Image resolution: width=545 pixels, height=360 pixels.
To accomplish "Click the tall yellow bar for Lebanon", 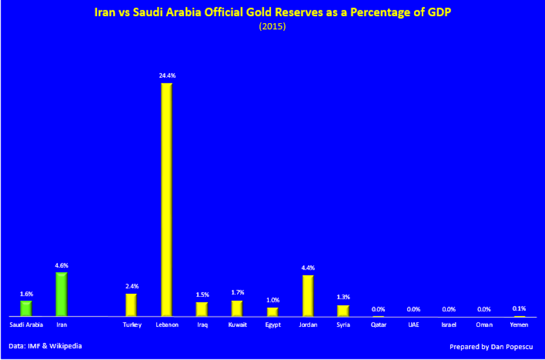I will (166, 199).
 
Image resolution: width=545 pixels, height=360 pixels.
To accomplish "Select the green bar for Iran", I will (61, 294).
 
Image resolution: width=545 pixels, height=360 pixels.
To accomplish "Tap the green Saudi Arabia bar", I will (26, 308).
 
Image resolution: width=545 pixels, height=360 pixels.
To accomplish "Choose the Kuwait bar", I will (237, 308).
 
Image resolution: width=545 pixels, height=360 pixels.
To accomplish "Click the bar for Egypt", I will (272, 312).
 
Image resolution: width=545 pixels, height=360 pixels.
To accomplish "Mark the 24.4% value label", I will (167, 75).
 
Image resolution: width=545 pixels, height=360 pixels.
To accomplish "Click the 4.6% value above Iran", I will (61, 265).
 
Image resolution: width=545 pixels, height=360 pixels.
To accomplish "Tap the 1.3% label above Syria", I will (343, 297).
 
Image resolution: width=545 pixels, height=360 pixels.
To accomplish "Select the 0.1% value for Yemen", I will (519, 308).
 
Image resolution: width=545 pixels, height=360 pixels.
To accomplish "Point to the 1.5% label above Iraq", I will (202, 294).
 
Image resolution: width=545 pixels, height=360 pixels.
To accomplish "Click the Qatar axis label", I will (379, 325).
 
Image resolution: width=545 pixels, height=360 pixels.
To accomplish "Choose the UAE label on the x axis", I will (413, 325).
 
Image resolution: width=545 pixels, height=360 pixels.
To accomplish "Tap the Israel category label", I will (449, 325).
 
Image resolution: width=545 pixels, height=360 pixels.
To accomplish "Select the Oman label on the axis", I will (484, 325).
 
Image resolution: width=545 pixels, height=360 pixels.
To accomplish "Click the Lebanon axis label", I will (167, 325).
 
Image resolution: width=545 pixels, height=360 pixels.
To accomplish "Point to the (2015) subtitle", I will (272, 26).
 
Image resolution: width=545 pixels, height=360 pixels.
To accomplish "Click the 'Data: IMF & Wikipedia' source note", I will (45, 346).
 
